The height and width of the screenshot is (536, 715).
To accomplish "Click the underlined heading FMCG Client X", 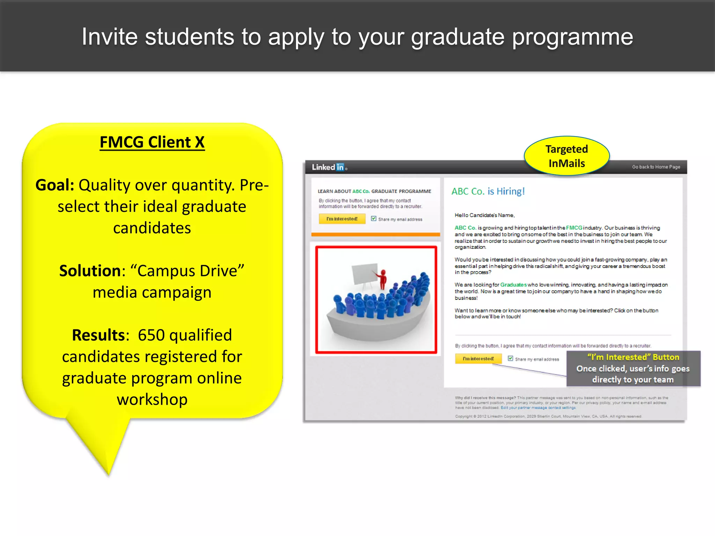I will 152,142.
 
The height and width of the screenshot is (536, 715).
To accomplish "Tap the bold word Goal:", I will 55,185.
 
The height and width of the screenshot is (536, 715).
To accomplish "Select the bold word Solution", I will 90,271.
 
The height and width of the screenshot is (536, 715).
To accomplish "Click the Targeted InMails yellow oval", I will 566,156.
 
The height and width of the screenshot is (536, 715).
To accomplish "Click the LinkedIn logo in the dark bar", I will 329,167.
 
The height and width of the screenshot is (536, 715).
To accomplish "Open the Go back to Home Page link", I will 656,167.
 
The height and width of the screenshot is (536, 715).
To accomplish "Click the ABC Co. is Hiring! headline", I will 488,191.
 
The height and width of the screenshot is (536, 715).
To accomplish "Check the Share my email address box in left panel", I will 374,219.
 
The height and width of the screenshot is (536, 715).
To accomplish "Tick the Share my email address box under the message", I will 510,358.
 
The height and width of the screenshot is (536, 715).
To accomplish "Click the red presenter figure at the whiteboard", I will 383,279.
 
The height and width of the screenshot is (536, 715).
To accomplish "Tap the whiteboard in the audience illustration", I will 364,274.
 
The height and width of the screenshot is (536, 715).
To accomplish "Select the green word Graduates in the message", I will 513,285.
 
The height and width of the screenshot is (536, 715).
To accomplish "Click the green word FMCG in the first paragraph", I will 574,228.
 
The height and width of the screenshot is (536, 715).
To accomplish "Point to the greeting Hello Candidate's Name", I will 484,215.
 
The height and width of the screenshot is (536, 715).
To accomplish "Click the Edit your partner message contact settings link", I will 538,408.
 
